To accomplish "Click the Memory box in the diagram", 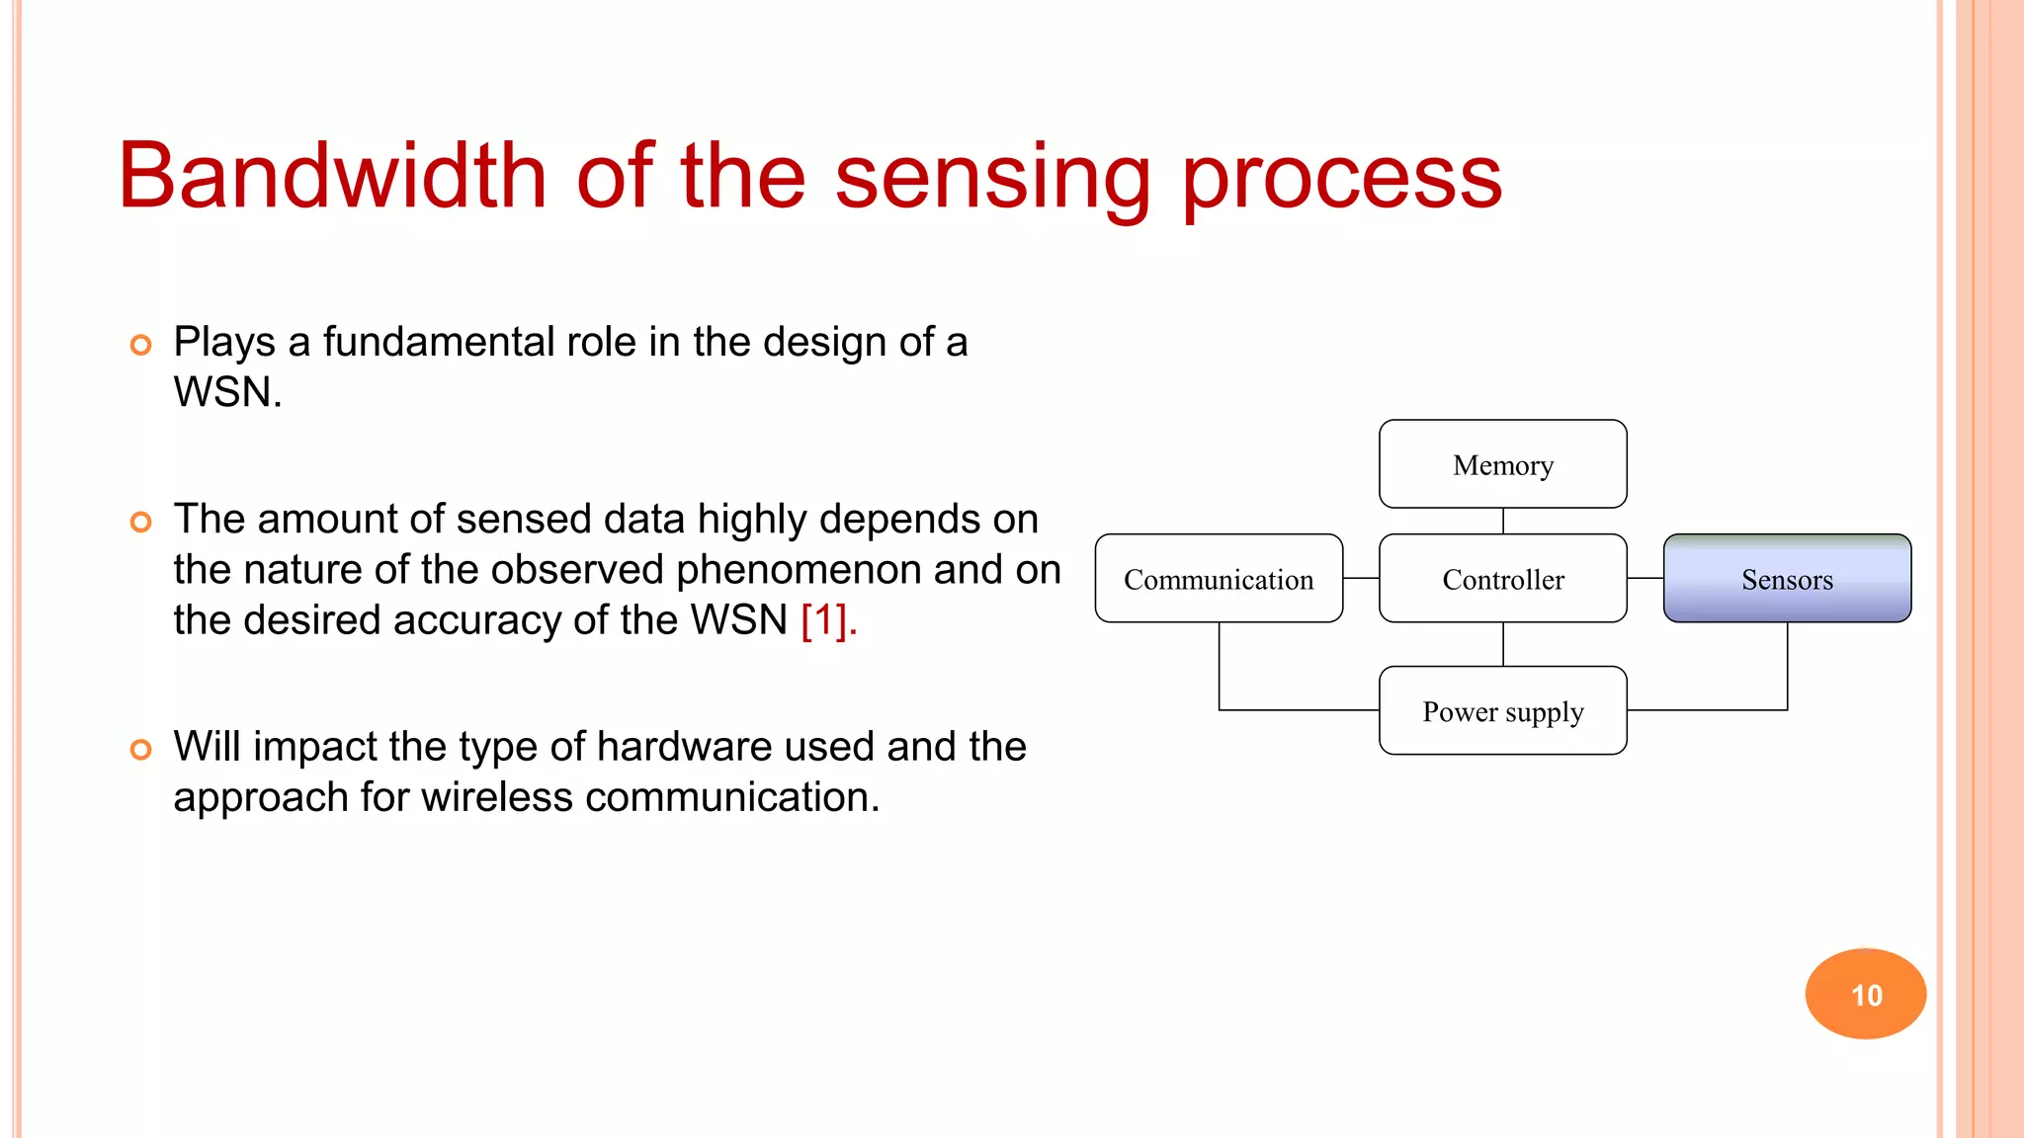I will tap(1502, 464).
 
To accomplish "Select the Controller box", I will tap(1502, 579).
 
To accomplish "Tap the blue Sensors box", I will tap(1787, 579).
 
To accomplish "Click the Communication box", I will tap(1219, 579).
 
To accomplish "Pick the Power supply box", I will tap(1502, 711).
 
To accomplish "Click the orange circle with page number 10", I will tap(1866, 994).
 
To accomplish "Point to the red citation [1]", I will tap(826, 620).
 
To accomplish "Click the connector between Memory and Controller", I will tap(1503, 521).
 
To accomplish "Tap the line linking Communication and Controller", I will tap(1361, 579).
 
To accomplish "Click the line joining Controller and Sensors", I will tap(1644, 579).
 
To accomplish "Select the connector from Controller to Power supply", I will tap(1503, 644).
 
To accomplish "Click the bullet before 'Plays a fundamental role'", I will tap(141, 345).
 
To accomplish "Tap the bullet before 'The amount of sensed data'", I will tap(141, 522).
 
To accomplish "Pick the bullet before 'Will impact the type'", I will tap(141, 750).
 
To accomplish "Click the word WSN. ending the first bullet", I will tap(227, 392).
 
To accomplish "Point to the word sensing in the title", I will tap(992, 178).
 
